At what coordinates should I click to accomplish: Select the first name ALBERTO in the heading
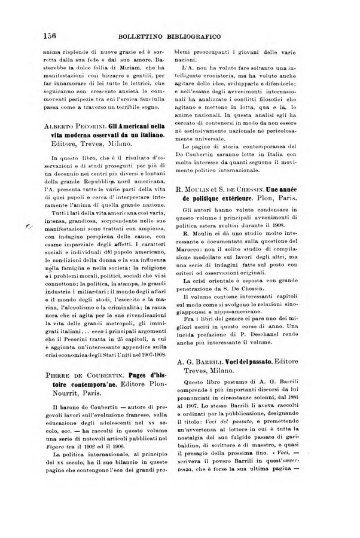point(62,127)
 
